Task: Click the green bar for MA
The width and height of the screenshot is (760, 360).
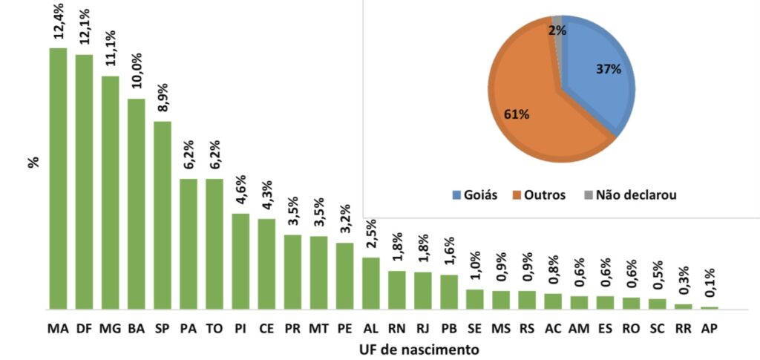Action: click(x=58, y=178)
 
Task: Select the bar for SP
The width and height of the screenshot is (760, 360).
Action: click(x=163, y=215)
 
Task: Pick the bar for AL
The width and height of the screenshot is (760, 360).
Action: click(x=371, y=283)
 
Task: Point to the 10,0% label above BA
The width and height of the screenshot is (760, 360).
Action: click(x=137, y=71)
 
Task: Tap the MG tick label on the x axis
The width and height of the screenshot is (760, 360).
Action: click(x=111, y=327)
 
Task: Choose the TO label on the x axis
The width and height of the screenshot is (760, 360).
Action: click(x=214, y=327)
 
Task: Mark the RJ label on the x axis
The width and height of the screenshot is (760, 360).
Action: click(x=423, y=327)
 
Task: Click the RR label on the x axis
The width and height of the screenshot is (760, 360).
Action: click(x=684, y=327)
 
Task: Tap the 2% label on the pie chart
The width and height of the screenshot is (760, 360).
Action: click(x=557, y=30)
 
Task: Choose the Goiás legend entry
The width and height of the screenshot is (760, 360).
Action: click(x=476, y=195)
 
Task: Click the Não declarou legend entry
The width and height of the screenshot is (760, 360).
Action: click(x=630, y=195)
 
